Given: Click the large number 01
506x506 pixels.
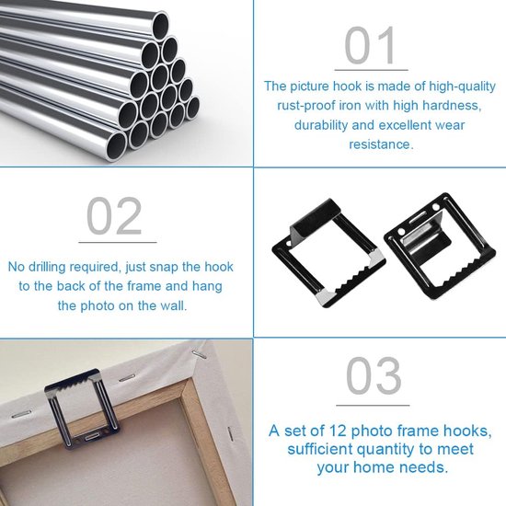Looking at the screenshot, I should [x=371, y=45].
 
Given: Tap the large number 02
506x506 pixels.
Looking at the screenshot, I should [x=115, y=218].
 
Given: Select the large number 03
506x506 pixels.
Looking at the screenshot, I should [x=374, y=378].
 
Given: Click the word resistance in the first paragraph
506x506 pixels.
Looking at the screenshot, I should [x=380, y=144].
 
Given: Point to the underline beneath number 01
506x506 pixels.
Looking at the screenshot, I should [x=371, y=69].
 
